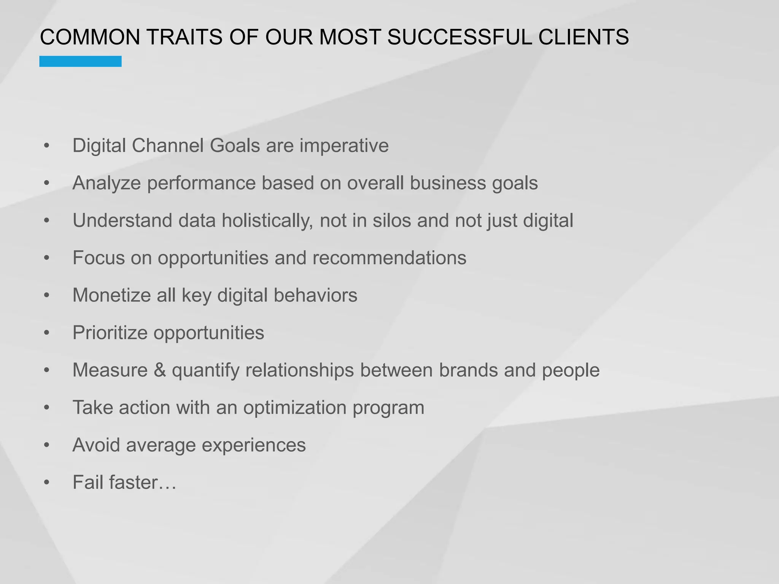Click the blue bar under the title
(80, 61)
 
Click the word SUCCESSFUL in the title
(459, 37)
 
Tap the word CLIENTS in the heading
(583, 37)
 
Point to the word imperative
(344, 146)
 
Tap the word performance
(201, 183)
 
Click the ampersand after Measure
(160, 370)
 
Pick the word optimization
(295, 408)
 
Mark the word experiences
(253, 445)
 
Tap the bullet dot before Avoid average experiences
(47, 445)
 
